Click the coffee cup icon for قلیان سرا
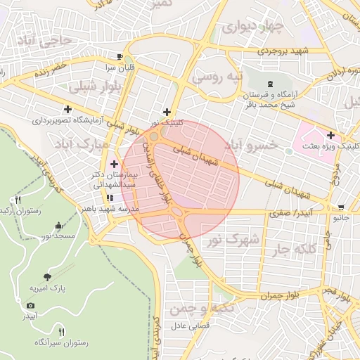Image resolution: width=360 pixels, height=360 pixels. click(x=120, y=57)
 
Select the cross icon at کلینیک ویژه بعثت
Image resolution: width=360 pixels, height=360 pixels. click(x=331, y=134)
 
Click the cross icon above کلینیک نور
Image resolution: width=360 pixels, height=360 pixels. click(x=167, y=112)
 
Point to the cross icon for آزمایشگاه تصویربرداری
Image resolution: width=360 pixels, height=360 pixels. click(x=67, y=109)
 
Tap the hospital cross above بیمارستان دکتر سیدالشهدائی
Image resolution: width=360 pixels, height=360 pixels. click(x=114, y=163)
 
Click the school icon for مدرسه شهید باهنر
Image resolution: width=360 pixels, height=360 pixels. click(x=109, y=198)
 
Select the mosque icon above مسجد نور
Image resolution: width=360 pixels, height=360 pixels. click(x=58, y=226)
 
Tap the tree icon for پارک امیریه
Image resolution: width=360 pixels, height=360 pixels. click(x=47, y=277)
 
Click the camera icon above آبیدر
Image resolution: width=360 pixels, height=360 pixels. click(x=30, y=305)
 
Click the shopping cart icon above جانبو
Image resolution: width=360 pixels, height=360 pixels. click(x=341, y=207)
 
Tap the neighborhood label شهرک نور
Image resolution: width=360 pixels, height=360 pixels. click(x=233, y=240)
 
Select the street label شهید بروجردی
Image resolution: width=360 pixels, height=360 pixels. click(x=283, y=51)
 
